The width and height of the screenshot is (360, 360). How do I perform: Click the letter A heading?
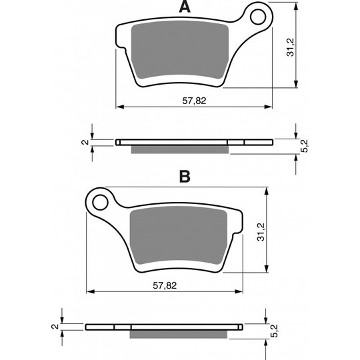(185, 7)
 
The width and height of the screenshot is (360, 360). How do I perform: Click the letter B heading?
(185, 176)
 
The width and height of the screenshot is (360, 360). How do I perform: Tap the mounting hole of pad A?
(258, 17)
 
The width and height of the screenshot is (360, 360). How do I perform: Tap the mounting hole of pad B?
(100, 202)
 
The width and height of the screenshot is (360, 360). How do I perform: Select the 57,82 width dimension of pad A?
(194, 101)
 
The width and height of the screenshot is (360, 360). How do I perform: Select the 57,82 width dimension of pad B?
(165, 285)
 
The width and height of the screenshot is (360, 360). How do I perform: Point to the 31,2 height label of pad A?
(290, 47)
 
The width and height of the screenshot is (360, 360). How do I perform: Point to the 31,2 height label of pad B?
(261, 232)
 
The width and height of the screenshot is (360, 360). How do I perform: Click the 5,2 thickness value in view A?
(304, 146)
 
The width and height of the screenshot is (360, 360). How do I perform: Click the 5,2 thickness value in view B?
(274, 331)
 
